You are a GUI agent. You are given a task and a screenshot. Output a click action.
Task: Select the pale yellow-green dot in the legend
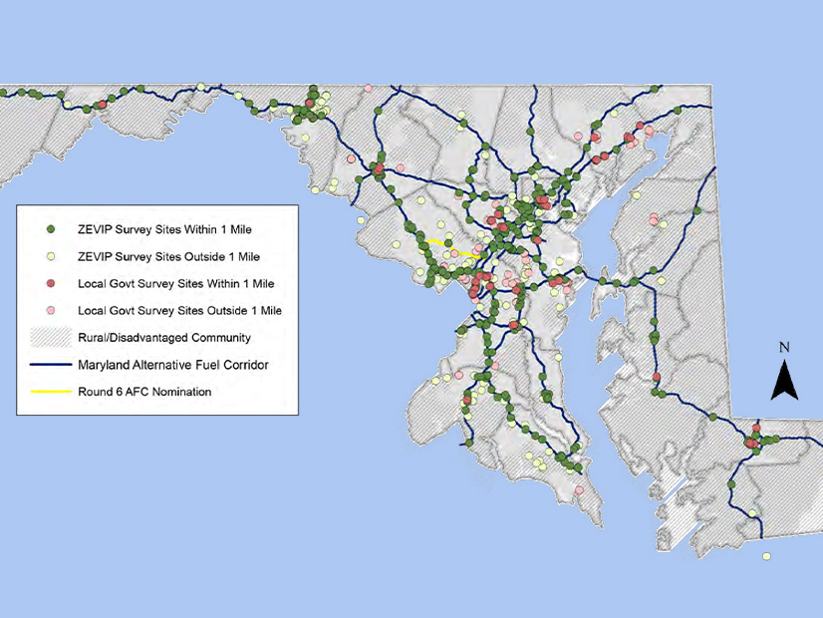(50, 256)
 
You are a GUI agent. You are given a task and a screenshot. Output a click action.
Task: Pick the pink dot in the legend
(50, 311)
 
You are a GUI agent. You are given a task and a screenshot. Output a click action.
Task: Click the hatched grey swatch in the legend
(50, 338)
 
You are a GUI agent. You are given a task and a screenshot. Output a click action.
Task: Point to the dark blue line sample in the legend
(50, 365)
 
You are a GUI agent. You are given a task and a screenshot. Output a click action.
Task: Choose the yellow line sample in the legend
(50, 392)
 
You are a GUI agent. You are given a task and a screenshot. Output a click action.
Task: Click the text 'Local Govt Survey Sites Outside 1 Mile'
(178, 311)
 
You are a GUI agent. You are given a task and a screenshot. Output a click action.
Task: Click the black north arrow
(785, 380)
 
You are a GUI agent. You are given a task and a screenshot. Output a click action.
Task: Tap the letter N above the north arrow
(785, 348)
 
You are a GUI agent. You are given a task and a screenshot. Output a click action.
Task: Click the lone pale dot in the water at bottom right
(767, 556)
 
